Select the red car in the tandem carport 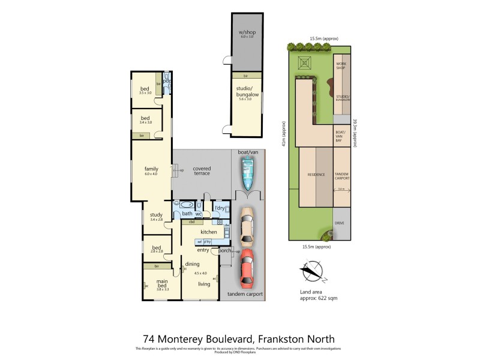tap(247, 268)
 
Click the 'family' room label tap(151, 169)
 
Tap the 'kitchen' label tap(208, 232)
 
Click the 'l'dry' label tap(220, 209)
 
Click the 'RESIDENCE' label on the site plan tap(316, 175)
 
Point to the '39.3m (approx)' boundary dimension tap(355, 132)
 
